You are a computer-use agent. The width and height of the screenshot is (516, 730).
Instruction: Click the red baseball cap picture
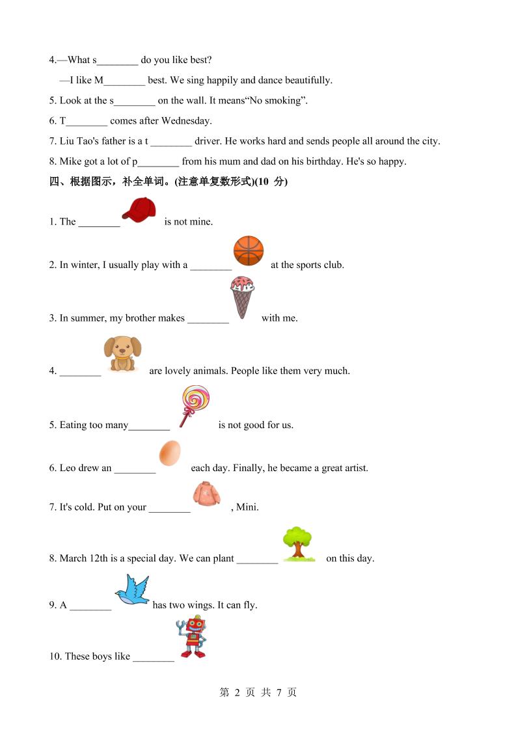point(139,210)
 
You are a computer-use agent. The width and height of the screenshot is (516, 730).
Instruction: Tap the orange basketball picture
point(249,250)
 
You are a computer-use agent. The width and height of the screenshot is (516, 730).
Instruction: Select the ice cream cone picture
point(243,297)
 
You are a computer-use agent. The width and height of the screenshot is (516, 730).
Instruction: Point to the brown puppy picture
point(122,353)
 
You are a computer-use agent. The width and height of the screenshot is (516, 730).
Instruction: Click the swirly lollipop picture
point(194,405)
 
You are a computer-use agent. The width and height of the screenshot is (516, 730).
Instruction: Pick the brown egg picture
point(170,453)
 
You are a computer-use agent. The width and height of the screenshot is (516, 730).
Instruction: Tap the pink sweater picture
point(207,494)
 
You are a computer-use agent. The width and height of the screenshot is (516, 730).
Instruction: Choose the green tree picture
point(298,543)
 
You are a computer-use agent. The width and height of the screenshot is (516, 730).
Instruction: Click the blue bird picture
point(133,590)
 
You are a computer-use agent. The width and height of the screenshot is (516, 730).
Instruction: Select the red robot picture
point(192,638)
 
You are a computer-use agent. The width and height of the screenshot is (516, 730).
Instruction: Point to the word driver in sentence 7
point(208,141)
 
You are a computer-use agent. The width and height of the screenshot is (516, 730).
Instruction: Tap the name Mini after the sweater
point(248,507)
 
